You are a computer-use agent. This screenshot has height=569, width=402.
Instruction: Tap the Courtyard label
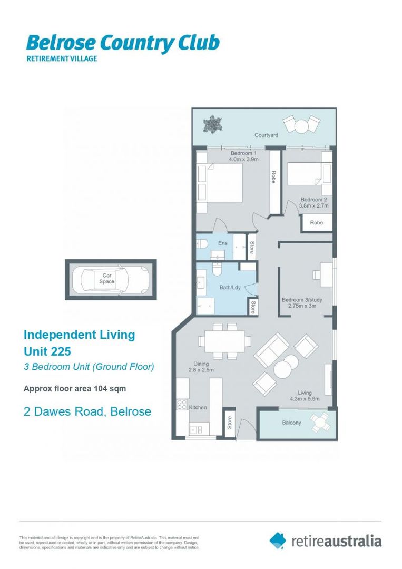pos(266,135)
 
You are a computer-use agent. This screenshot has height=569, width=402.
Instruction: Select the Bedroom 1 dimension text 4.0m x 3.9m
pos(244,159)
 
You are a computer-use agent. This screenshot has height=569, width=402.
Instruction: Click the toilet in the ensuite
pos(203,244)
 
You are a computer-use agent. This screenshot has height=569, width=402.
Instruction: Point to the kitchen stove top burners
pos(182,405)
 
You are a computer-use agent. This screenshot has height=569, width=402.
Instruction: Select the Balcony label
pos(291,423)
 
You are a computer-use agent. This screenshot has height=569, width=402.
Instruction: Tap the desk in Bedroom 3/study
pos(322,274)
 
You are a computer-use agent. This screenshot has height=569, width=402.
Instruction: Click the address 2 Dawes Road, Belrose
pos(87,411)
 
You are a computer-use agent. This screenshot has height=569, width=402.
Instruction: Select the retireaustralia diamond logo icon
pos(278,541)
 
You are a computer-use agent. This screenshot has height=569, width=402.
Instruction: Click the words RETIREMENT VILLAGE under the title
pos(62,58)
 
